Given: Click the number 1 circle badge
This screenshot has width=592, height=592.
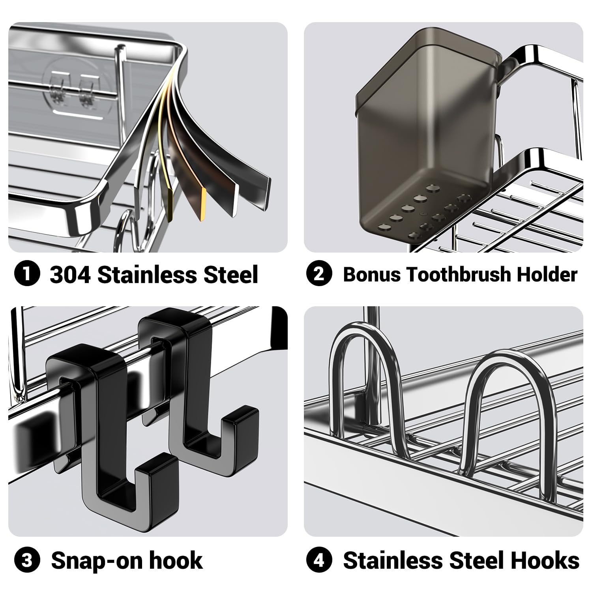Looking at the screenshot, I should point(27,274).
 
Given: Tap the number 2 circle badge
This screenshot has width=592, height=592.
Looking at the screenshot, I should point(319,274).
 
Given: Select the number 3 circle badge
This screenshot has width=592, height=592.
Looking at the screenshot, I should point(27,560).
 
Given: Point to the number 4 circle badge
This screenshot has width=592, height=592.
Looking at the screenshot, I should point(319,560).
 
